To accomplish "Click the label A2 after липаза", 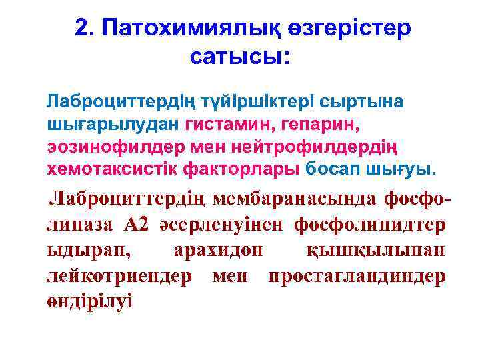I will [138, 225].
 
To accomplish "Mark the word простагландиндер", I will [356, 276].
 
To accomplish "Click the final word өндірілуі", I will [89, 301].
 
